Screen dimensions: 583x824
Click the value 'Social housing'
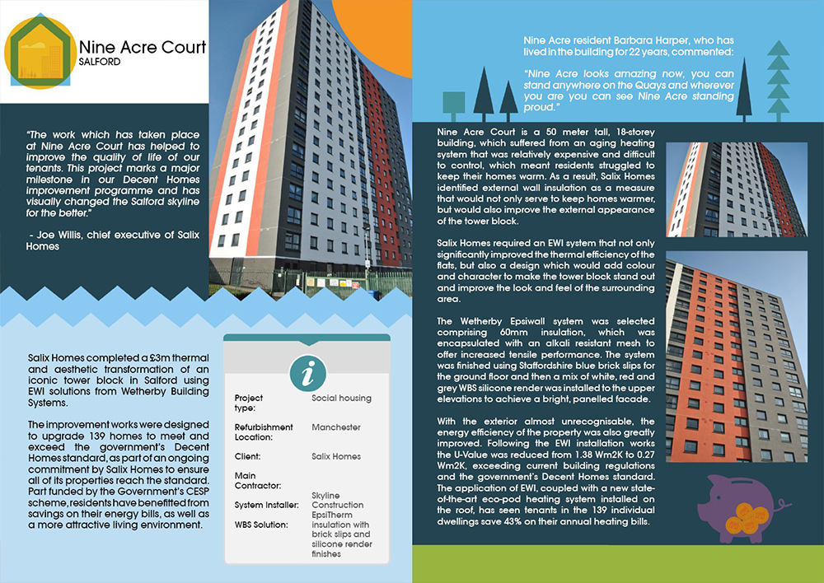[341, 399]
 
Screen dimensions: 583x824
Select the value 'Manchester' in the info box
[336, 427]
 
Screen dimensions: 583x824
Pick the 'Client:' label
[248, 456]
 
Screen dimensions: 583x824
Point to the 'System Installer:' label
[265, 505]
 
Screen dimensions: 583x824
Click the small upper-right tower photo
[735, 190]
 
